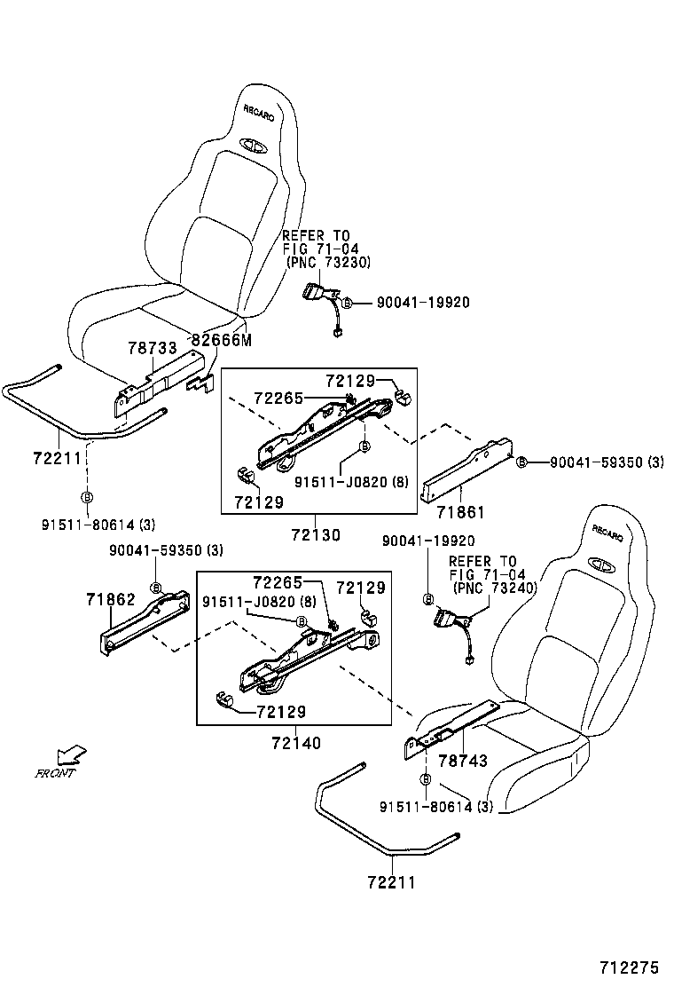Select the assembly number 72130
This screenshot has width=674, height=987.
[317, 535]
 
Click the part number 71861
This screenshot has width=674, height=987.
[459, 513]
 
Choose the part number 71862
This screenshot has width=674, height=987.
[111, 600]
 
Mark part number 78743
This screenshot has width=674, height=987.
[463, 762]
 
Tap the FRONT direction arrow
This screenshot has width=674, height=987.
[71, 755]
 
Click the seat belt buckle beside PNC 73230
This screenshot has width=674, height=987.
[317, 294]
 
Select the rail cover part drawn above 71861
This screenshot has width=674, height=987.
[466, 466]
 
